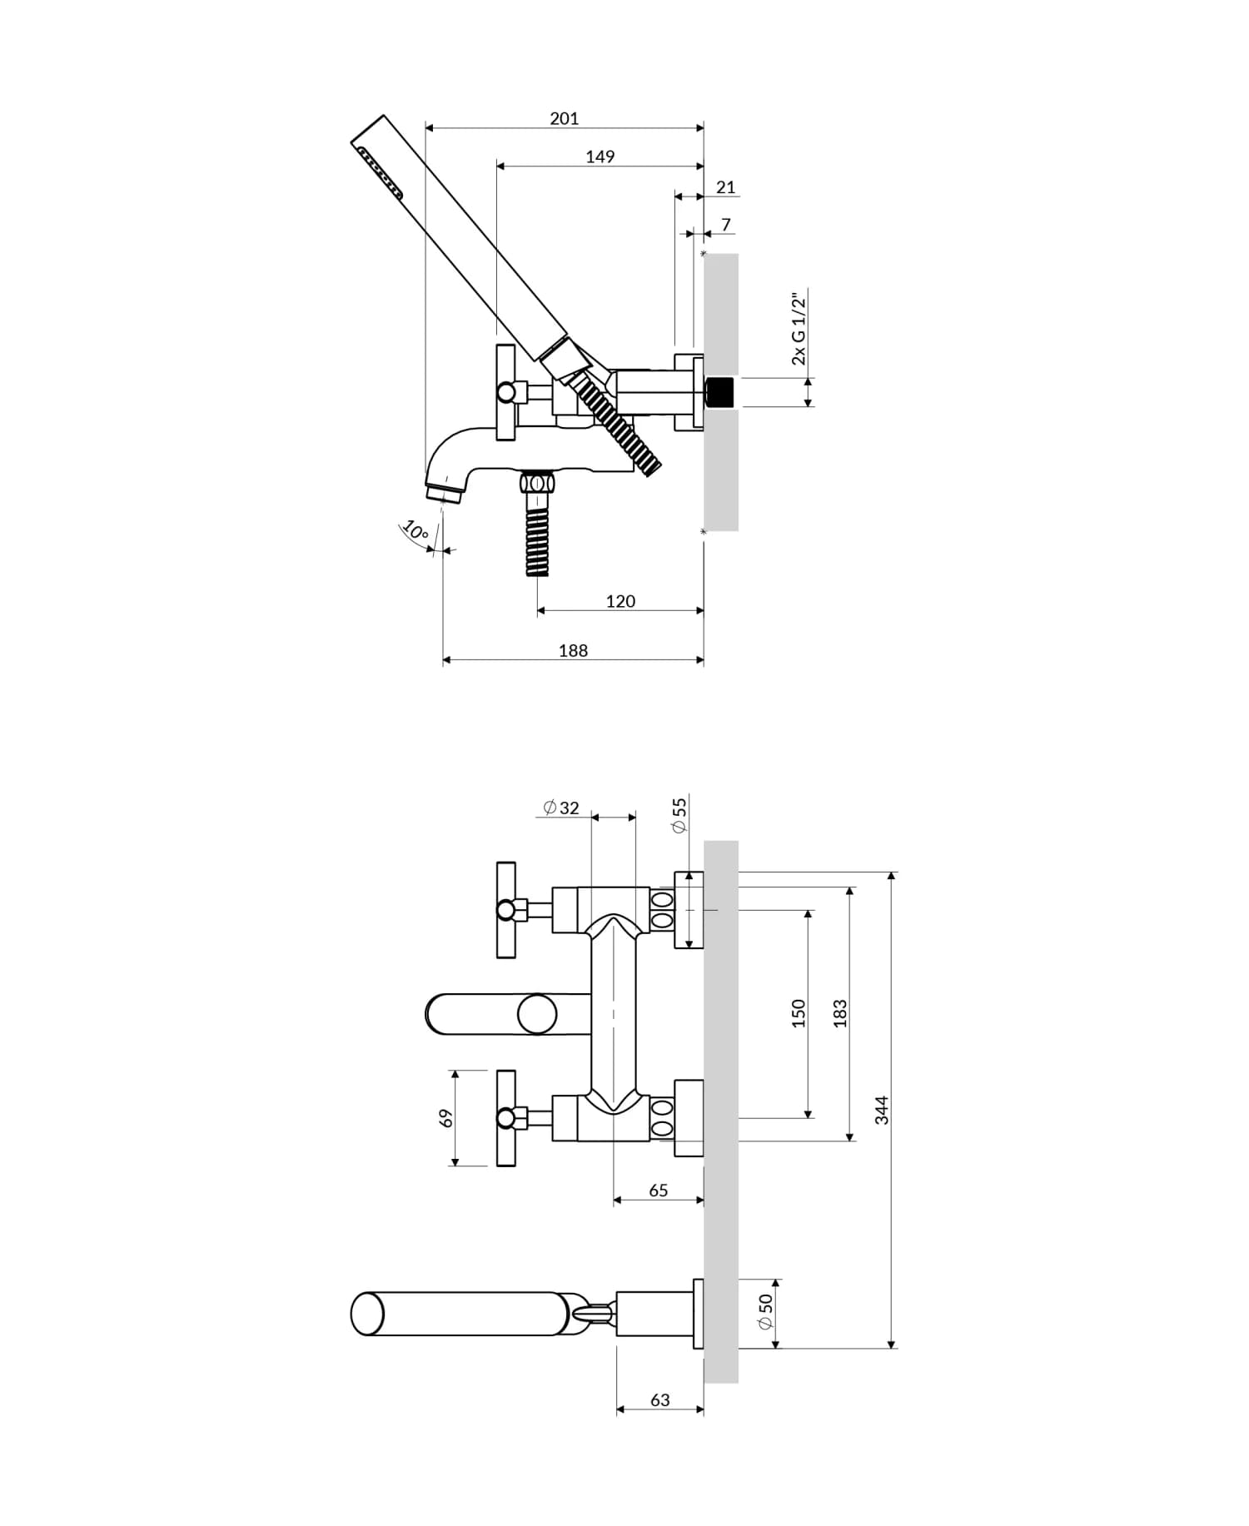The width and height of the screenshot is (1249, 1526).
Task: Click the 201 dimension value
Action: click(x=564, y=118)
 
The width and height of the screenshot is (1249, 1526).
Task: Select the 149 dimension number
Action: click(x=600, y=157)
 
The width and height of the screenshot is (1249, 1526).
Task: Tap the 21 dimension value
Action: click(x=726, y=187)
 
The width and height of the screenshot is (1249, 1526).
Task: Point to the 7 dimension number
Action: click(x=726, y=225)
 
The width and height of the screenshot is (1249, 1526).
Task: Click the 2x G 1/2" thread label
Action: click(x=799, y=329)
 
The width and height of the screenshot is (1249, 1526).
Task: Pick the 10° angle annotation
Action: click(x=415, y=529)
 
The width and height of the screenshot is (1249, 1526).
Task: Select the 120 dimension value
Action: click(x=620, y=601)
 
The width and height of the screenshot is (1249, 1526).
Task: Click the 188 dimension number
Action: click(x=573, y=651)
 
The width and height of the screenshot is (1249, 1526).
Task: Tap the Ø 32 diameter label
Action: click(x=560, y=808)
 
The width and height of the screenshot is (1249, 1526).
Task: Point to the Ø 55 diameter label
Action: click(x=679, y=815)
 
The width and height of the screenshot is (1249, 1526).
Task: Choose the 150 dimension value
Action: click(x=799, y=1013)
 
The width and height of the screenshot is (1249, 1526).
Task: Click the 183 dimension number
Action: click(x=840, y=1013)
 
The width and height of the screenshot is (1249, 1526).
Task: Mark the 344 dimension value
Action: click(x=882, y=1110)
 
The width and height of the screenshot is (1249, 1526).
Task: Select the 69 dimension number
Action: click(x=446, y=1118)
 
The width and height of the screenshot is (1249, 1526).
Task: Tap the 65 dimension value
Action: click(x=658, y=1190)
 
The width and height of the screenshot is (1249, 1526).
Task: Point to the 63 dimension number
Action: click(x=659, y=1400)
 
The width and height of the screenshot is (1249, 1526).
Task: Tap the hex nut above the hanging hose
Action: click(x=537, y=482)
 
